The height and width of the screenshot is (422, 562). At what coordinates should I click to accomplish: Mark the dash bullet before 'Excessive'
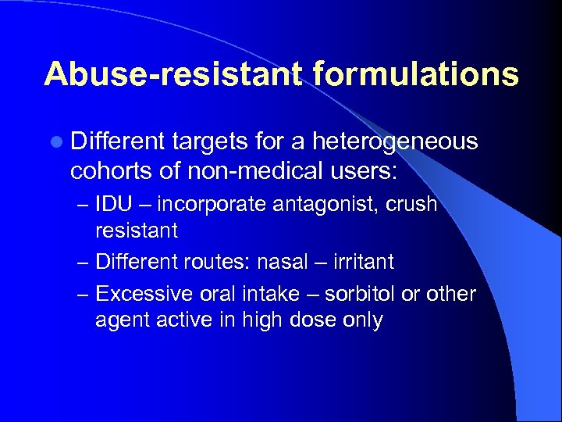[83, 295]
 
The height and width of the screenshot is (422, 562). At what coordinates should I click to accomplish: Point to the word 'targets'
[208, 143]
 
